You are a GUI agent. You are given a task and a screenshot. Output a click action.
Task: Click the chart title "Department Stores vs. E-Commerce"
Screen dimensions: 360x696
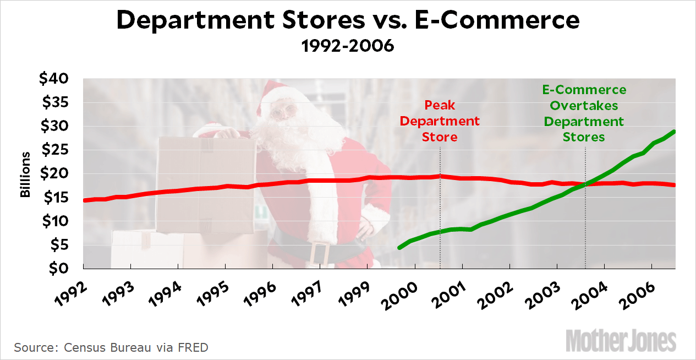(348, 20)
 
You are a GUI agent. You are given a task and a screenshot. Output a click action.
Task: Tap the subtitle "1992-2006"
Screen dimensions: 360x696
(348, 46)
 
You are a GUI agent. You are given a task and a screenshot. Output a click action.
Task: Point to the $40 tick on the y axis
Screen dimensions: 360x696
(53, 79)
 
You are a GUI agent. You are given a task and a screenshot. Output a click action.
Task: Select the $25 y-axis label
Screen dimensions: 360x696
(53, 150)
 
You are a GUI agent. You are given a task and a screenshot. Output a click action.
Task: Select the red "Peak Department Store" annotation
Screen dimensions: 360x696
(440, 121)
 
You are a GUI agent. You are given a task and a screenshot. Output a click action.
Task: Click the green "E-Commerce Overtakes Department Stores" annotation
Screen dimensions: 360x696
(584, 113)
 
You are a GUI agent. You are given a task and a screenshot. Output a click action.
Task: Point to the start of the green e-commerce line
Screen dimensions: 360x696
(399, 248)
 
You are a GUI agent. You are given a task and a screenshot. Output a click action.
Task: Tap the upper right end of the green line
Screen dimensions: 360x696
(674, 132)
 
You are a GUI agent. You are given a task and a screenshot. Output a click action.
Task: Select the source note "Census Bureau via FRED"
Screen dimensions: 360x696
(111, 348)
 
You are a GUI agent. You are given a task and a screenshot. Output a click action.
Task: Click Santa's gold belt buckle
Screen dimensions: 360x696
(319, 253)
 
